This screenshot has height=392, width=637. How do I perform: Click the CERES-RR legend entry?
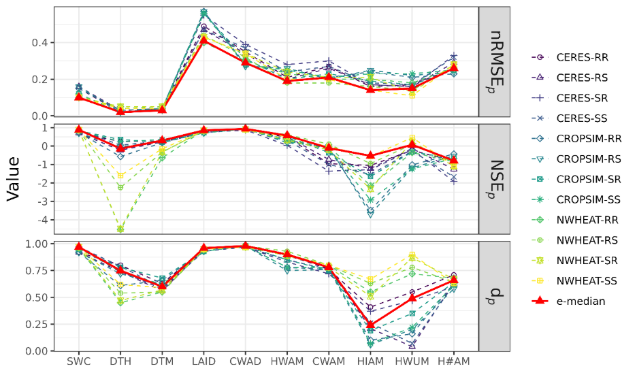tap(582, 56)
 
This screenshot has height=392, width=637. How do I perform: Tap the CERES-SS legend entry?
tap(582, 118)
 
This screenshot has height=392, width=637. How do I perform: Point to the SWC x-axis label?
tap(78, 361)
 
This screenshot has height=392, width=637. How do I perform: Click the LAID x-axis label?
tap(203, 361)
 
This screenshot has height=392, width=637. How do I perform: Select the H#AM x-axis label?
tap(454, 361)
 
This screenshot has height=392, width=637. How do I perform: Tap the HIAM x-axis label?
tap(371, 361)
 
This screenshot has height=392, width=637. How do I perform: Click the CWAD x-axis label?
tap(246, 361)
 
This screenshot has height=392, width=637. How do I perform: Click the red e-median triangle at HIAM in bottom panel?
tap(371, 325)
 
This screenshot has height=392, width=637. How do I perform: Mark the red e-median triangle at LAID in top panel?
tap(203, 39)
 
